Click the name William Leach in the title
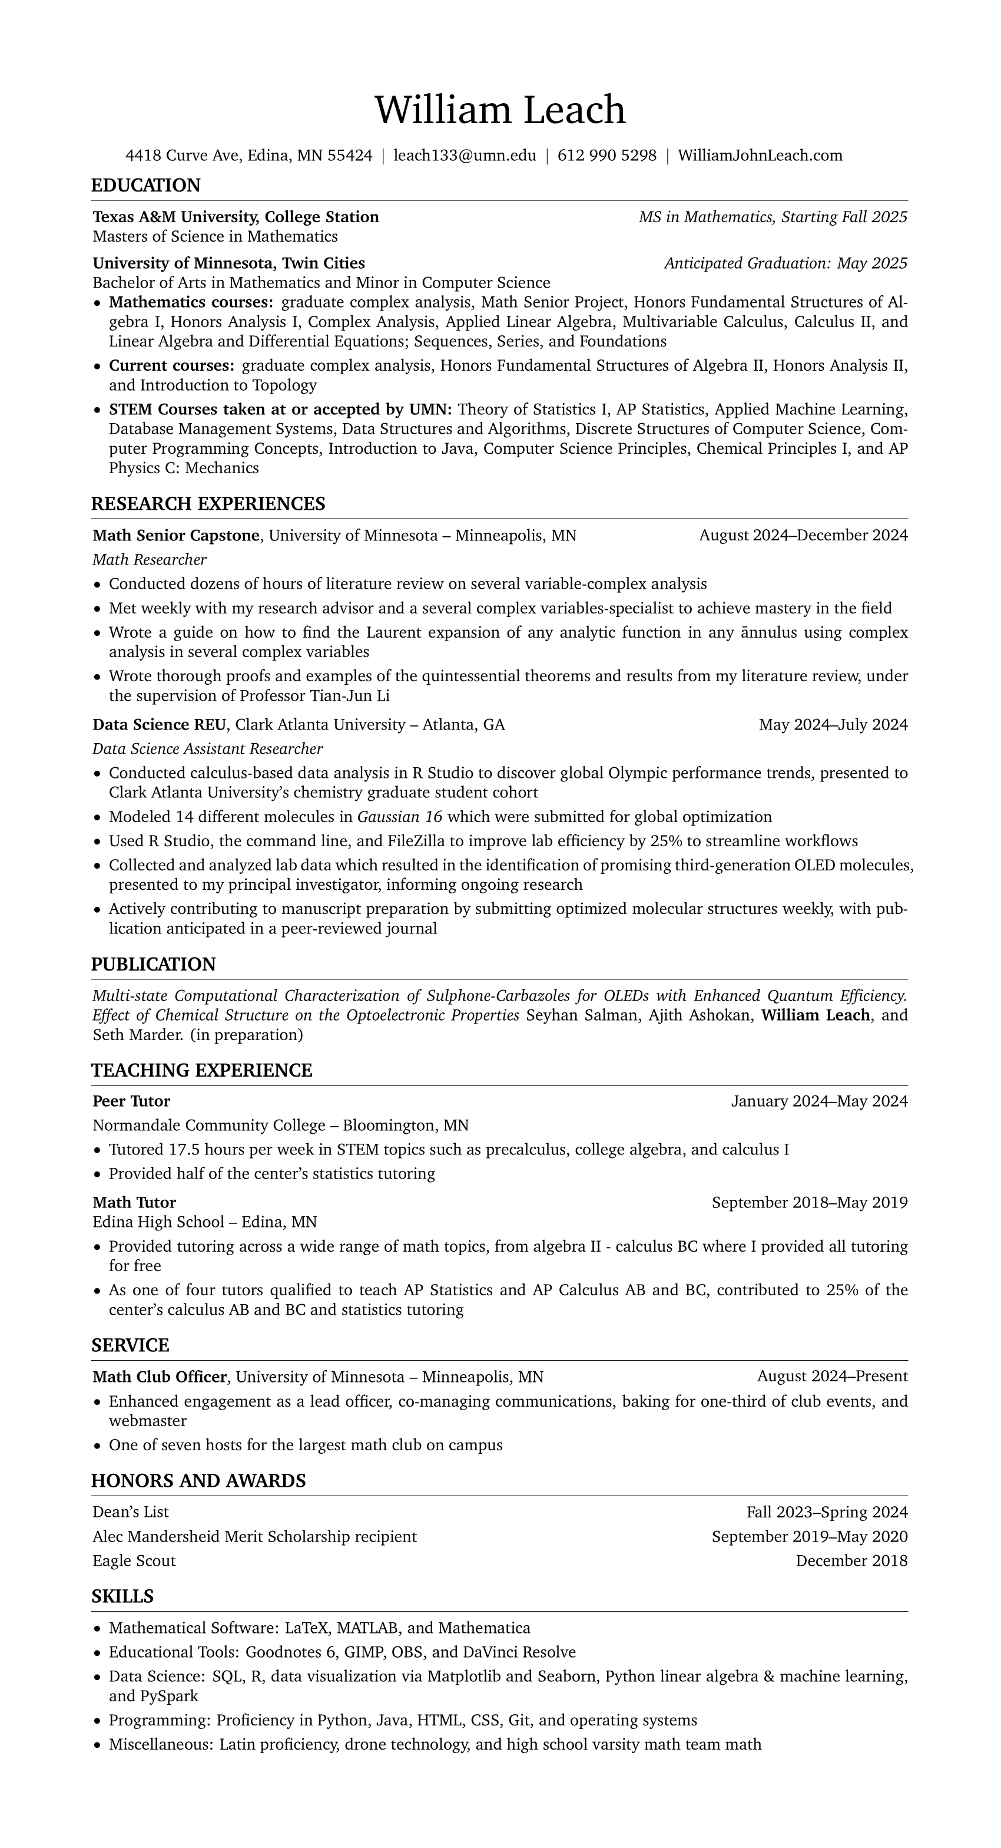click(x=500, y=110)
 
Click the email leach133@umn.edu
click(x=465, y=156)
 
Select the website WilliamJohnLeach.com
click(x=760, y=156)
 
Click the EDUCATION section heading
click(x=145, y=186)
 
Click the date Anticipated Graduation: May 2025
click(x=785, y=263)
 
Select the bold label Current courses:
click(x=171, y=366)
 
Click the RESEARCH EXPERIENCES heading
click(x=208, y=504)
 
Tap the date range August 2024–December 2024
click(x=803, y=535)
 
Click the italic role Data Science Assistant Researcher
click(x=207, y=749)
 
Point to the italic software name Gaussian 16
click(x=399, y=817)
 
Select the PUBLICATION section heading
click(x=154, y=965)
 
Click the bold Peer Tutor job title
click(x=131, y=1101)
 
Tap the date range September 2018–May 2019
click(x=810, y=1202)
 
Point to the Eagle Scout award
click(x=134, y=1560)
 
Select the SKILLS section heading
click(x=122, y=1596)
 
